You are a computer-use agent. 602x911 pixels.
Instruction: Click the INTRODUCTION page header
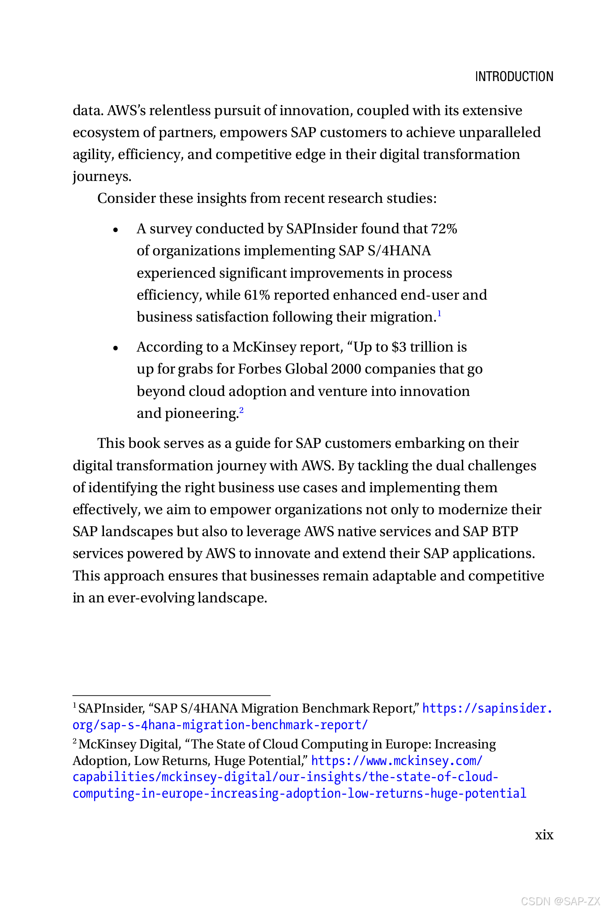click(514, 77)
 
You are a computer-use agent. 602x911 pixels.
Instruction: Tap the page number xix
click(544, 835)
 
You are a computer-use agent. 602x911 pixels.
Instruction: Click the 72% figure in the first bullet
click(444, 229)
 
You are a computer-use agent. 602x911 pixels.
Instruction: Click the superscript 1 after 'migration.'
click(439, 314)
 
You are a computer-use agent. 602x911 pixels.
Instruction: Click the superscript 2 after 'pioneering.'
click(241, 410)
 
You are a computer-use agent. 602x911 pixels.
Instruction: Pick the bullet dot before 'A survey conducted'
click(116, 230)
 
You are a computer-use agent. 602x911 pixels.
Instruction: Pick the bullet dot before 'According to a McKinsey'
click(116, 348)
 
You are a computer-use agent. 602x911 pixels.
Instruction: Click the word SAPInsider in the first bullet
click(321, 229)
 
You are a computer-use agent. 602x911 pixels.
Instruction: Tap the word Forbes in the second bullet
click(259, 369)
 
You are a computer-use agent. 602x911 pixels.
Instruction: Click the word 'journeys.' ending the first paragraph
click(102, 176)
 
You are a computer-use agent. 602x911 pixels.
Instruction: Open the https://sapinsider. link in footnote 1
click(487, 709)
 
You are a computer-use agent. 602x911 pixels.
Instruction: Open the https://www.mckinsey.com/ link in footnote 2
click(396, 761)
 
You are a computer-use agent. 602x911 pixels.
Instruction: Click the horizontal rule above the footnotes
click(172, 696)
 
